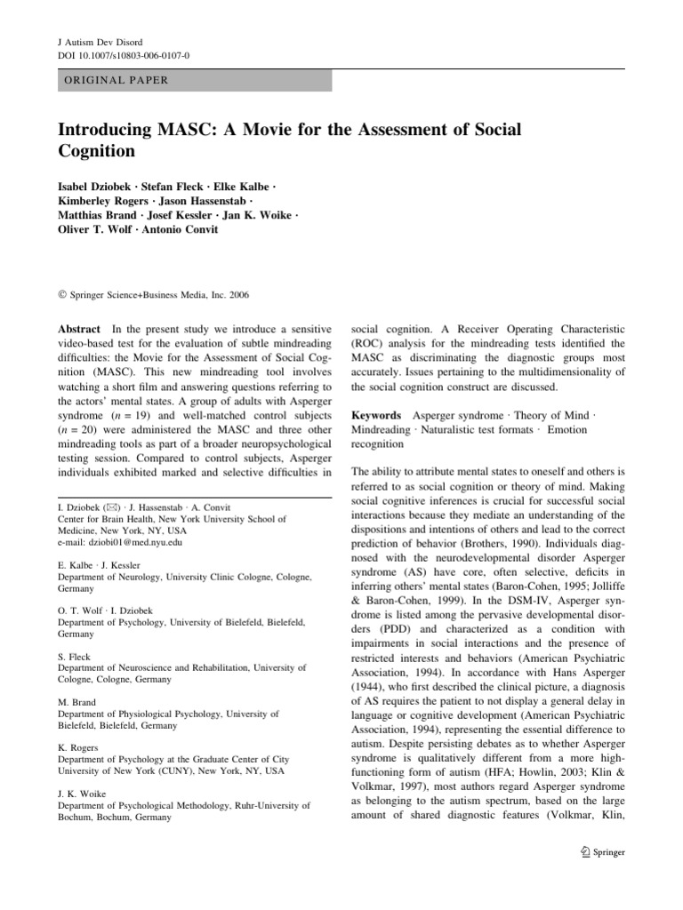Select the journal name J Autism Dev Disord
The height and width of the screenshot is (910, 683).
pyautogui.click(x=100, y=41)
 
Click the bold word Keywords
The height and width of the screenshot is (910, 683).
pyautogui.click(x=376, y=415)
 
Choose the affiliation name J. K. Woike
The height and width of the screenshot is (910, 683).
pyautogui.click(x=83, y=794)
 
